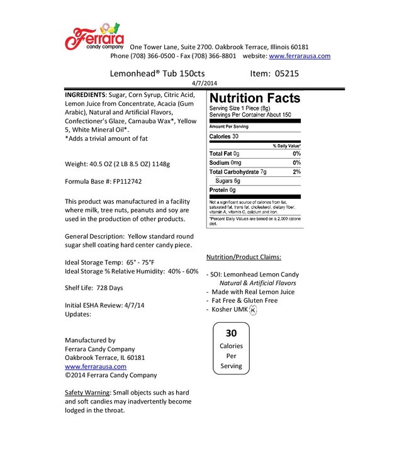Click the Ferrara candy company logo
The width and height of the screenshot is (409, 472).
click(x=94, y=38)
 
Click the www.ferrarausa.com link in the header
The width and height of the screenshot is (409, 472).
click(x=300, y=55)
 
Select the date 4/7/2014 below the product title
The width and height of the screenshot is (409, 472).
click(x=204, y=82)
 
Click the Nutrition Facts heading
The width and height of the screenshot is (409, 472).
click(x=254, y=98)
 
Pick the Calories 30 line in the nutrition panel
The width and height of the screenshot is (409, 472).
click(x=224, y=136)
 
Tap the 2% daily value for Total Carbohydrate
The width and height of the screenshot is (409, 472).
click(x=296, y=171)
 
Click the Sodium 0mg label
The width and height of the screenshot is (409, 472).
click(x=225, y=162)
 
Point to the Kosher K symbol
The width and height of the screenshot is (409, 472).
click(x=254, y=310)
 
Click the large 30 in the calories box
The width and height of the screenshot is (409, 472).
click(x=231, y=333)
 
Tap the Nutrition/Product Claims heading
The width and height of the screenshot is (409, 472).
click(x=244, y=257)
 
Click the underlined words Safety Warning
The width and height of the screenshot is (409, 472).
click(x=87, y=393)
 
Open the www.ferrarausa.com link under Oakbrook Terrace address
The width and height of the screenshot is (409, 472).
click(x=96, y=366)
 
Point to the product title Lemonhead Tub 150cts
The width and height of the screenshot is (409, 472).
click(x=148, y=73)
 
